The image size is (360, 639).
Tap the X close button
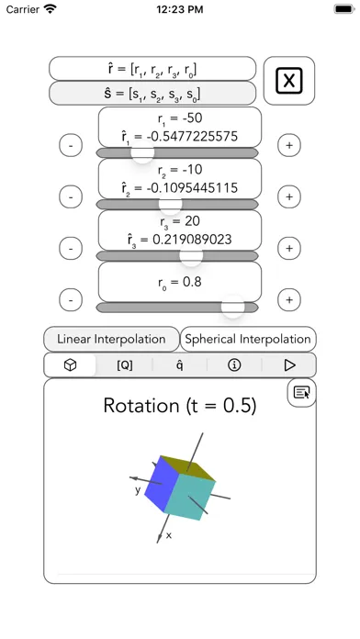tap(289, 81)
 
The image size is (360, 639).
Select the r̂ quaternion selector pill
tap(152, 69)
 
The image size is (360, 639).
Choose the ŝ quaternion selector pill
tap(152, 94)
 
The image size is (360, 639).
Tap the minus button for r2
tap(71, 196)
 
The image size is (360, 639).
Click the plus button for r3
tap(289, 248)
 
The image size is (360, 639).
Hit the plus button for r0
tap(289, 300)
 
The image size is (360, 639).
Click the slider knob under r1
tap(142, 152)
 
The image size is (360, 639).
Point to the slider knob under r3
tap(191, 255)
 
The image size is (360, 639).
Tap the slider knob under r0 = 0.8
tap(232, 307)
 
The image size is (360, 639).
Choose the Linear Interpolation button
tap(111, 339)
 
